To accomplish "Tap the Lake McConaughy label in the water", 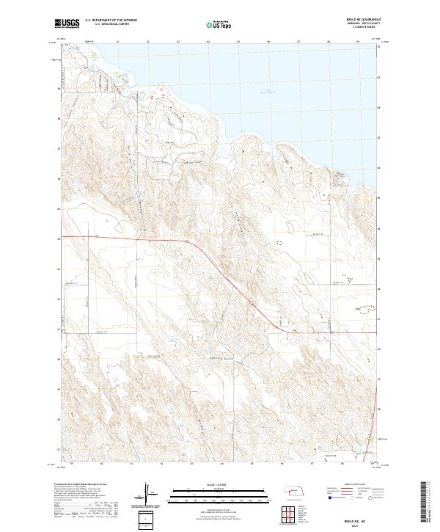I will click(271, 92).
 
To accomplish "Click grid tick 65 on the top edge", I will click(238, 43).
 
